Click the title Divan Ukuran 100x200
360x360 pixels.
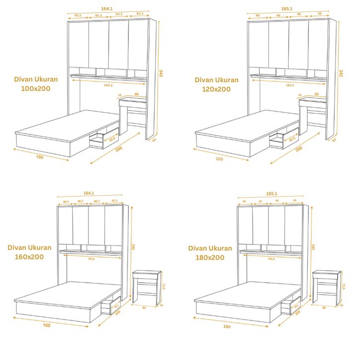coord(36,84)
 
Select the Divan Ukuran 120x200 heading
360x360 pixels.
coord(216,84)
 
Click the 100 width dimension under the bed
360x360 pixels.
coord(40,158)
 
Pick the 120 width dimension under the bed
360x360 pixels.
coord(219,159)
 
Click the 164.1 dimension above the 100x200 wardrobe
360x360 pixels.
coord(107,9)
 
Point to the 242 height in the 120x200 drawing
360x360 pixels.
coord(341,73)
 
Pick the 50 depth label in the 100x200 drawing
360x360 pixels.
coord(154,140)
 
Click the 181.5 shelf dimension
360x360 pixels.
coord(290,85)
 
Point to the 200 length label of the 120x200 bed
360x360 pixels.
coord(299,149)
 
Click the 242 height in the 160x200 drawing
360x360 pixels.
coord(132,246)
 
